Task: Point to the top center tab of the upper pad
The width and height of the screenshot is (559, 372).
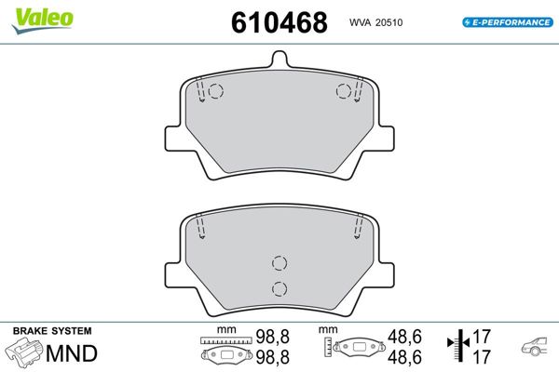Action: click(x=279, y=59)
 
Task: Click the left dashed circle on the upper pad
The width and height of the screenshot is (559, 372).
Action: click(x=215, y=91)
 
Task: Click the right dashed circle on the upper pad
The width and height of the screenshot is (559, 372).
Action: click(x=343, y=91)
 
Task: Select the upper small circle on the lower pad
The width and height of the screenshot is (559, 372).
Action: click(x=279, y=264)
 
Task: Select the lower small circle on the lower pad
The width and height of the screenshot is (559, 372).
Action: click(x=279, y=287)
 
